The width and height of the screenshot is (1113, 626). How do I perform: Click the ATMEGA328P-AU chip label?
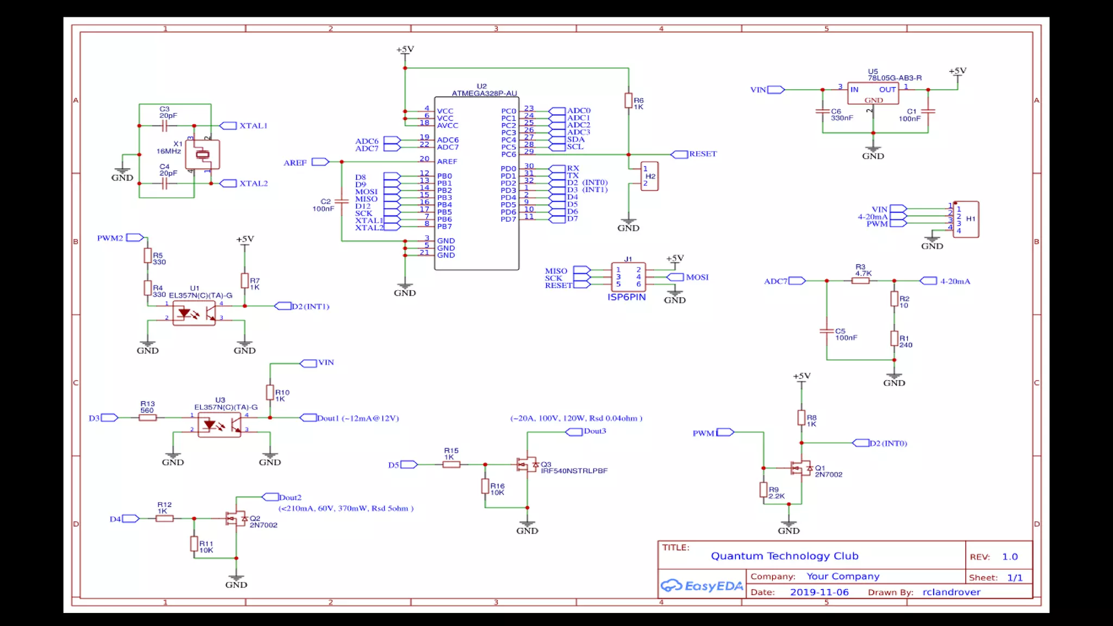click(x=484, y=93)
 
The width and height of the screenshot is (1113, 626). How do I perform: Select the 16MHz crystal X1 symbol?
click(x=202, y=154)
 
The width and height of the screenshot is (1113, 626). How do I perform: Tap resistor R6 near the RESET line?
click(x=628, y=101)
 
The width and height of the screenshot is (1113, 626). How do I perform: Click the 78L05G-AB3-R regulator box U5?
click(x=873, y=93)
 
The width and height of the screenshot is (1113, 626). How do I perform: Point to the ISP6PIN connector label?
click(x=627, y=297)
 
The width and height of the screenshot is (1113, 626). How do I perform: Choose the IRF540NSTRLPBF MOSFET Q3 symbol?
click(x=526, y=465)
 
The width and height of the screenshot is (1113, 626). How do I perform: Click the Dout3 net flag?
click(x=574, y=431)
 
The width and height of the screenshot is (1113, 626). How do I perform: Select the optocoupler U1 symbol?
click(x=193, y=314)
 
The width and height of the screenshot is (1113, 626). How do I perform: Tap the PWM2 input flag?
click(x=135, y=237)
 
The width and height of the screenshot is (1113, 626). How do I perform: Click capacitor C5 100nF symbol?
click(x=827, y=330)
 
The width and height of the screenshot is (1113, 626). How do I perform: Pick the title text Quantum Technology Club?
click(x=784, y=556)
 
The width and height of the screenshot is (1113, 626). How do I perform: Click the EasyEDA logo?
click(x=702, y=586)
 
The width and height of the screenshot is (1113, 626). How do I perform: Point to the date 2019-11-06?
click(x=819, y=592)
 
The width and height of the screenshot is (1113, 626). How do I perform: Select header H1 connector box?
click(x=966, y=219)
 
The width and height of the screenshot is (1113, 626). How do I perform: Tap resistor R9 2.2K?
click(x=764, y=490)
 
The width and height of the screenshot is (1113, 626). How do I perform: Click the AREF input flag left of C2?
click(x=320, y=162)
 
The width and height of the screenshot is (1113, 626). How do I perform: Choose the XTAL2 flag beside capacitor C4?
click(x=228, y=184)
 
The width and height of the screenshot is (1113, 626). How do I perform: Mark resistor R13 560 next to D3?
click(x=148, y=417)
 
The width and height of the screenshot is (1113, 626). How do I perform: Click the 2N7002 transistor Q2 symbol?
click(x=235, y=518)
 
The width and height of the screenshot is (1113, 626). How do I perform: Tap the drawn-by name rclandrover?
click(x=951, y=592)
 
